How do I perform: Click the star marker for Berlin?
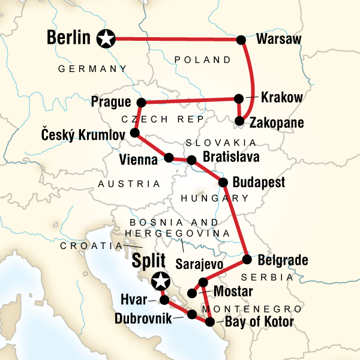[106, 40]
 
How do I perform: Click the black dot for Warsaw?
[241, 40]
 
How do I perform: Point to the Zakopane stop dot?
[239, 121]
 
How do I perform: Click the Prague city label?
[112, 101]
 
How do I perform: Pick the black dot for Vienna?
[169, 158]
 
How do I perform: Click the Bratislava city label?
[231, 158]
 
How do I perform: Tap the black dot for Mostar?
[192, 293]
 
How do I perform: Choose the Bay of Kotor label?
[259, 323]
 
